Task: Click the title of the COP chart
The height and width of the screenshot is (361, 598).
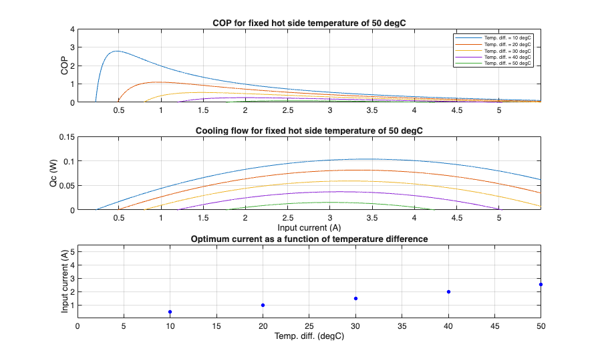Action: pos(309,23)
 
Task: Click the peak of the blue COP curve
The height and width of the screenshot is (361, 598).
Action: pos(118,51)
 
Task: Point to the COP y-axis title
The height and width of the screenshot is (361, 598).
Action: pos(64,66)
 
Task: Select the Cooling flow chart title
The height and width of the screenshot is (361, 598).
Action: pos(309,131)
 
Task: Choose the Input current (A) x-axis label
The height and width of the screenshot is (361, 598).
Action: pos(309,228)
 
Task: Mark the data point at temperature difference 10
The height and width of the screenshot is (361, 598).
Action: pos(170,312)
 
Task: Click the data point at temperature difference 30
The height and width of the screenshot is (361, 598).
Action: pos(355,298)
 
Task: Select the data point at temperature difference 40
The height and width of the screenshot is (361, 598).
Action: pos(448,291)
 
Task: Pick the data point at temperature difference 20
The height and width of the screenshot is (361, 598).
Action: pos(263,305)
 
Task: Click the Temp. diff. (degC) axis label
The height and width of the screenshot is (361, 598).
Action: pos(309,336)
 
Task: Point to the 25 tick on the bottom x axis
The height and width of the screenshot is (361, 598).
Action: pos(309,326)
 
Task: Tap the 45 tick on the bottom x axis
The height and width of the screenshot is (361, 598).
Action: pos(494,326)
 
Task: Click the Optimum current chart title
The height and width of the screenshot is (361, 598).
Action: pos(309,239)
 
